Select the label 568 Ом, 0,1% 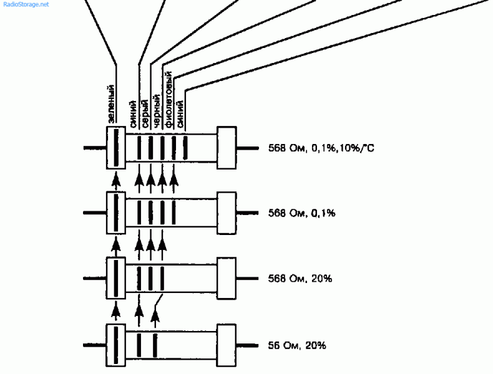[x=301, y=213]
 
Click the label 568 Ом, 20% [x=300, y=278]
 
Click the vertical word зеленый [x=110, y=103]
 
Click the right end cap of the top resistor [x=226, y=148]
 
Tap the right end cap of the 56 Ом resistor [x=226, y=344]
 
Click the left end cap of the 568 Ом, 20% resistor [x=116, y=277]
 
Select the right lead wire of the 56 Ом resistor [x=247, y=344]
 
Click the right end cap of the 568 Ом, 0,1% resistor [x=226, y=213]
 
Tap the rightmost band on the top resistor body [x=185, y=148]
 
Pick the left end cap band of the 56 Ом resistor [x=115, y=344]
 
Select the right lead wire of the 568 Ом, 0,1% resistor [x=247, y=213]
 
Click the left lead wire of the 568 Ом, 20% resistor [x=94, y=277]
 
